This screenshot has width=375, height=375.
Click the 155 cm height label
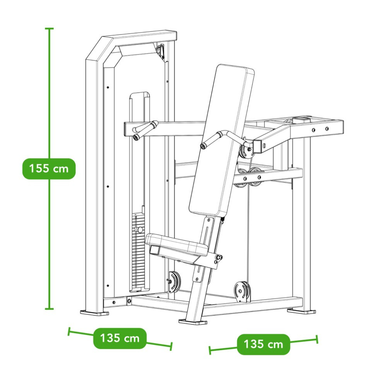(x=49, y=169)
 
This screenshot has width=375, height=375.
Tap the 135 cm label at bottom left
(x=119, y=338)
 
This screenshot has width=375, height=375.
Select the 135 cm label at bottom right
(x=263, y=344)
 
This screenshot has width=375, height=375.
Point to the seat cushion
(x=176, y=244)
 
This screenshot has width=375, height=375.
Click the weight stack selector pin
(x=139, y=230)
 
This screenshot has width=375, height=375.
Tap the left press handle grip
(x=145, y=130)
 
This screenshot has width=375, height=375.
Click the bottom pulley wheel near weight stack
(x=175, y=281)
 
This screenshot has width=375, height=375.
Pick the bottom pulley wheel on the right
(x=242, y=291)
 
